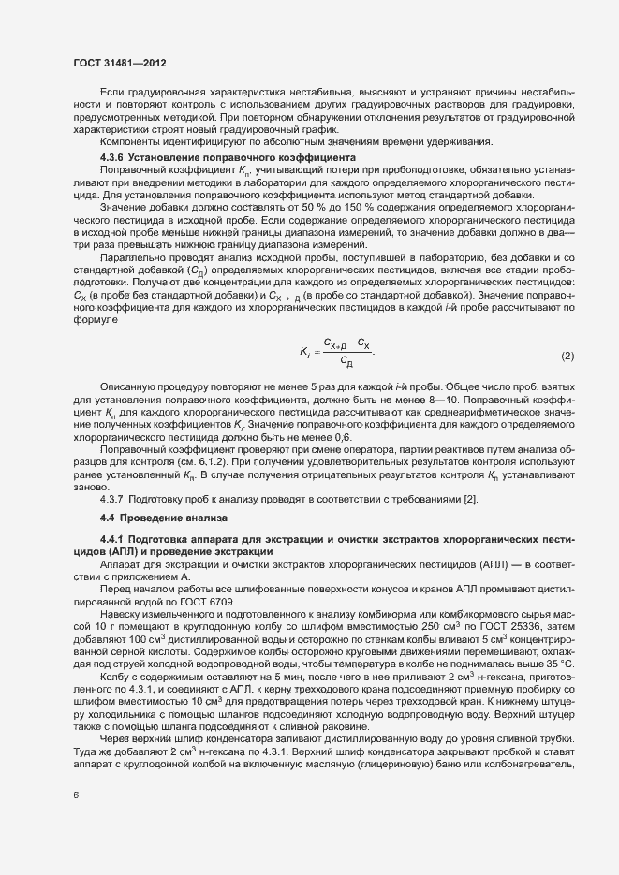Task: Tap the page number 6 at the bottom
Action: point(77,795)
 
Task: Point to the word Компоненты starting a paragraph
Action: point(126,141)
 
